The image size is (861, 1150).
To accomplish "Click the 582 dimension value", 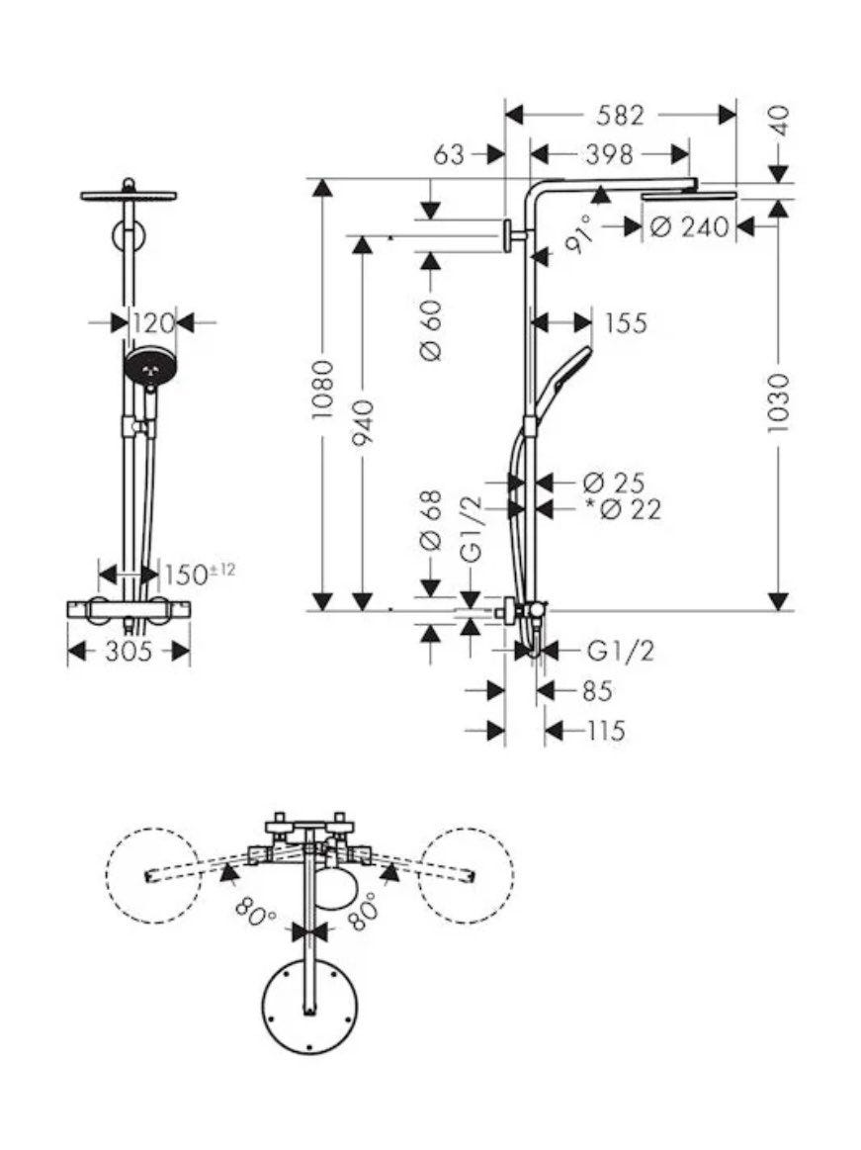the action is (x=621, y=115).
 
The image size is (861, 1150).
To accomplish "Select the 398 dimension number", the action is (x=610, y=155).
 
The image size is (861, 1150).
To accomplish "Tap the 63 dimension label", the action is (x=449, y=155).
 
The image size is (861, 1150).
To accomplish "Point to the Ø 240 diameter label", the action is (x=690, y=227).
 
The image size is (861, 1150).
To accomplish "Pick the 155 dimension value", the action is (x=627, y=322).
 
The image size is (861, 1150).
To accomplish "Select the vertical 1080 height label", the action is (x=322, y=390).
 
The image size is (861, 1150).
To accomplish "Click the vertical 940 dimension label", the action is (x=363, y=422).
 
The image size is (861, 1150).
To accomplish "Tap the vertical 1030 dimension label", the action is (x=778, y=402).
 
